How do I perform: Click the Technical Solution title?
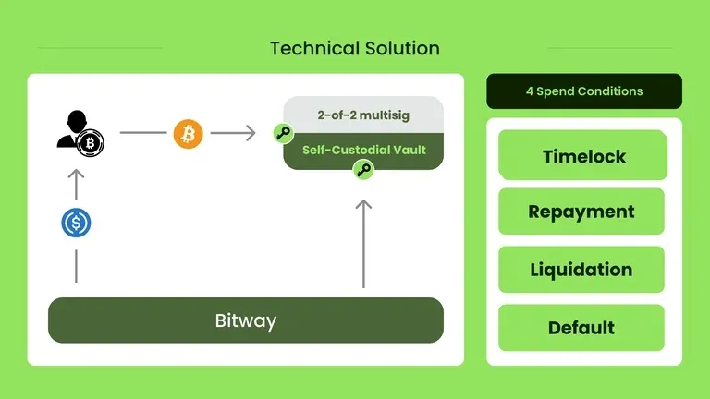pos(355,48)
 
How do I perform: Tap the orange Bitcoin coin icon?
pos(188,134)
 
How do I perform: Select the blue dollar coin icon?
pos(76,223)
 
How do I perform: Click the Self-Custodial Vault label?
pos(364,149)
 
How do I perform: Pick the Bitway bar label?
pos(246,321)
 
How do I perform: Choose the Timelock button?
pos(582,155)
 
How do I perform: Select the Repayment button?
pos(581,212)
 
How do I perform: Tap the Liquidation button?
pos(581,270)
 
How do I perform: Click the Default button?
pos(581,328)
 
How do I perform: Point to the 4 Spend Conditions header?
pos(584,91)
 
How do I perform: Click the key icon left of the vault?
pos(283,133)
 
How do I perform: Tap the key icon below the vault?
pos(363,170)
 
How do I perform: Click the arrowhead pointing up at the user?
pos(76,175)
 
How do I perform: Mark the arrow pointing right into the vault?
pos(233,134)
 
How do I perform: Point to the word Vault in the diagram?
pos(409,149)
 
